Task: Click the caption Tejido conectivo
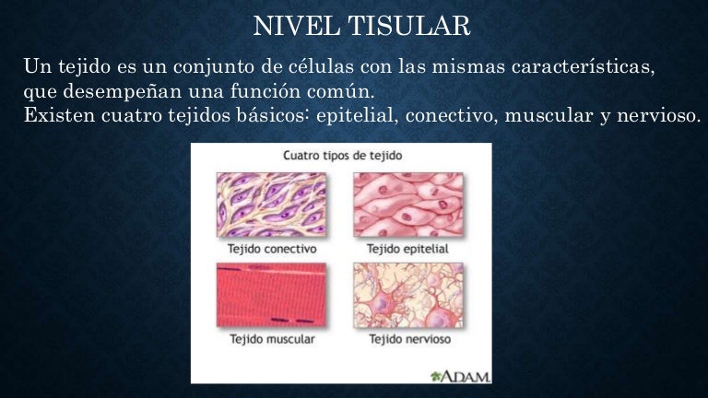click(272, 250)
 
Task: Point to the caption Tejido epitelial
click(409, 250)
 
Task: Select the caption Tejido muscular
click(271, 340)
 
